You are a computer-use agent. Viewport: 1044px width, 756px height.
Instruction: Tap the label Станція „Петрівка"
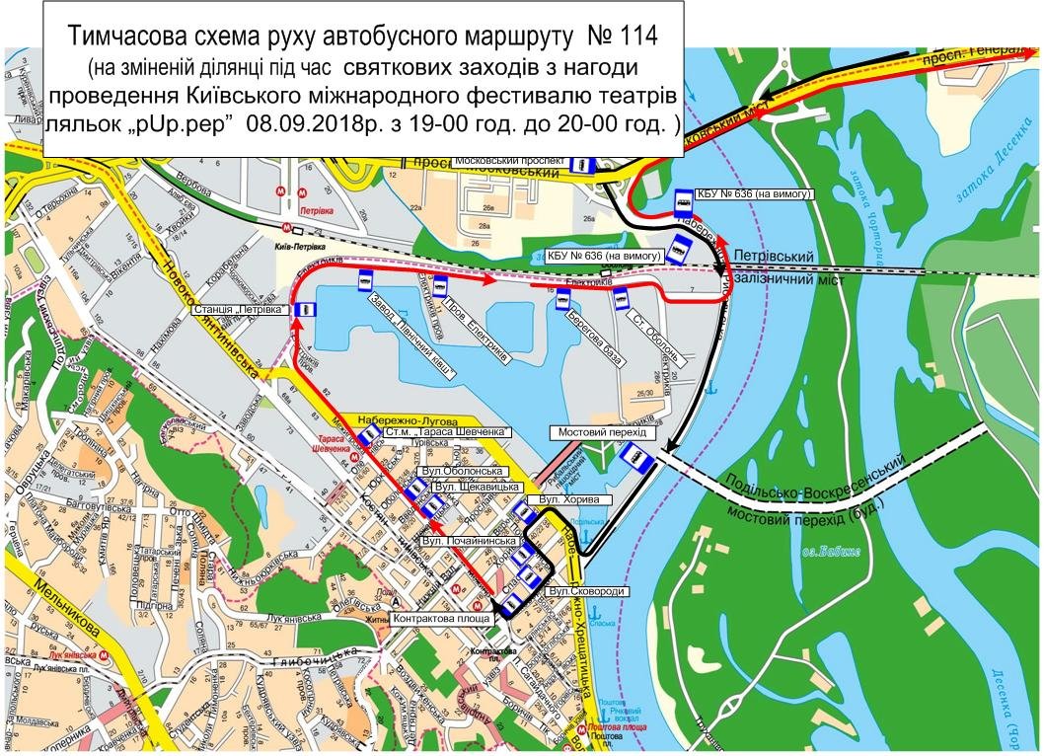pos(241,310)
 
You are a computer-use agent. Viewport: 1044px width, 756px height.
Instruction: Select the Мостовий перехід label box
pos(601,433)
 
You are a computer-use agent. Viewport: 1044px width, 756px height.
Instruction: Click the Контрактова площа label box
pos(442,619)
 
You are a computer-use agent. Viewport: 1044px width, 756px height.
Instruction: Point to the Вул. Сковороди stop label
pos(583,591)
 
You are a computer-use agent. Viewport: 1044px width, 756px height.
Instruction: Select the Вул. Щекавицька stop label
pos(475,488)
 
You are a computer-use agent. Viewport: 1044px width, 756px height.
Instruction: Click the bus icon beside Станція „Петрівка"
pos(306,310)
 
